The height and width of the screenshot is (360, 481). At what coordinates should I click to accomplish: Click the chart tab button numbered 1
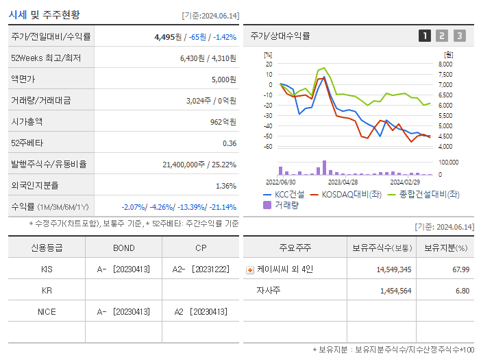425,36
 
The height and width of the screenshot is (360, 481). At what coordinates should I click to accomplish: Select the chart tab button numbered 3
459,36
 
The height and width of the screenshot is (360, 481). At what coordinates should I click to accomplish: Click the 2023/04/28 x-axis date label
343,182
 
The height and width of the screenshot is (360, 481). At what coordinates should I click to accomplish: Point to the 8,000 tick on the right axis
445,64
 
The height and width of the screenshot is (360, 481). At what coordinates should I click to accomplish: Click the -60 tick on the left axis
268,147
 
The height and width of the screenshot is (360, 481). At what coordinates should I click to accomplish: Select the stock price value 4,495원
169,37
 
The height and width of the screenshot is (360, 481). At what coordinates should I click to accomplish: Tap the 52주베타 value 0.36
230,143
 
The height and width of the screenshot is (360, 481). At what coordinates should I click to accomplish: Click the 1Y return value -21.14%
222,207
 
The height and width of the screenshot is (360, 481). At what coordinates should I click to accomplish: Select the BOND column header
123,248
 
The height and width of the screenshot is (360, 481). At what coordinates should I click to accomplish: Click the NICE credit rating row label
47,311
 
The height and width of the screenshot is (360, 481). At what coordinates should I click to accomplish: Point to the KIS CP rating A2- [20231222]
200,269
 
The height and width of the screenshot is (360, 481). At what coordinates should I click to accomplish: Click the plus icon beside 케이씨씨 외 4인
249,269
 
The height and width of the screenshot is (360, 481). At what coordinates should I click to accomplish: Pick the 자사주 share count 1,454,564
395,291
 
